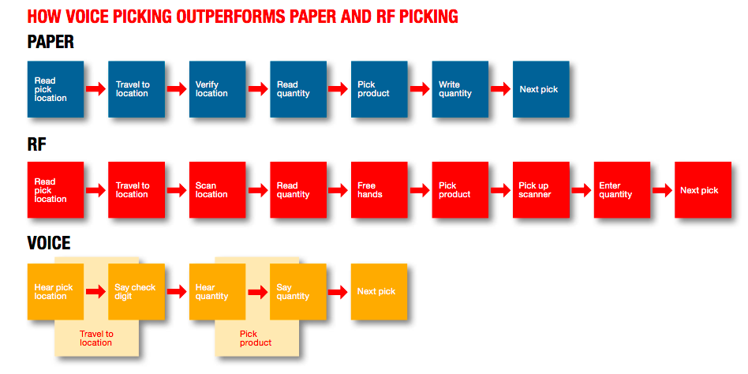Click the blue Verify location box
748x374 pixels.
218,89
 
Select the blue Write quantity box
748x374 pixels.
460,89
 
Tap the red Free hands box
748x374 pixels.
380,190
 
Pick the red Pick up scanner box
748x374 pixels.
541,190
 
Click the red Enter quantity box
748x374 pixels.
622,190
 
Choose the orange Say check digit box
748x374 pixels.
137,291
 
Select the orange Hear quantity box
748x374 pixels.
218,291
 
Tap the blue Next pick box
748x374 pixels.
541,89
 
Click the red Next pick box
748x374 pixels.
703,190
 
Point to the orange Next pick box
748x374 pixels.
380,291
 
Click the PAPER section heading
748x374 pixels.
50,42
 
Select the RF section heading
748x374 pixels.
37,144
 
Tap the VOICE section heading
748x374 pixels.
49,243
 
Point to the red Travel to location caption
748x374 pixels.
96,338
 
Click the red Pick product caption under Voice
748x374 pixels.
256,338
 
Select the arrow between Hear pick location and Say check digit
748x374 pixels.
96,292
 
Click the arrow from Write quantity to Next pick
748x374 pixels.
500,88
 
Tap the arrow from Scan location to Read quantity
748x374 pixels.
258,190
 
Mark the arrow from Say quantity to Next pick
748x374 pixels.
338,292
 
